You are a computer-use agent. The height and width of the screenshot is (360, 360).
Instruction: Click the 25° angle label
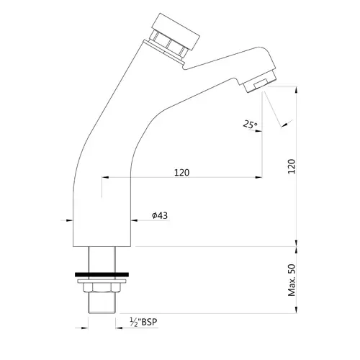[250, 125]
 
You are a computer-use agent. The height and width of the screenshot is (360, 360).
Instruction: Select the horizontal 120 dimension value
[181, 173]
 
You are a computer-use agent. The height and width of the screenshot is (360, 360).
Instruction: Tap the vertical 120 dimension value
[292, 166]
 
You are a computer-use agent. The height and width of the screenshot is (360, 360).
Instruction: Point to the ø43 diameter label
[160, 215]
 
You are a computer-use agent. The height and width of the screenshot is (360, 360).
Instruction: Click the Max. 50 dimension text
[292, 280]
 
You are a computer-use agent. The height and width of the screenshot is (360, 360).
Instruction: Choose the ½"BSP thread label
[144, 322]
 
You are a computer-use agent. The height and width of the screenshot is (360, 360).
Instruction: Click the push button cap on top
[176, 31]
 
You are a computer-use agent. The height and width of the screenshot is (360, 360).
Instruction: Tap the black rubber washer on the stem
[102, 274]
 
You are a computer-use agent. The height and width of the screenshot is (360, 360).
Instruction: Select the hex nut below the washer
[102, 288]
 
